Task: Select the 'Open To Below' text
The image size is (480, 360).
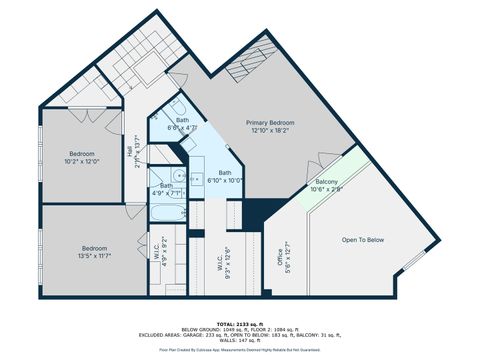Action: (x=362, y=240)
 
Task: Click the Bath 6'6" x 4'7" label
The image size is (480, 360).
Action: (x=182, y=124)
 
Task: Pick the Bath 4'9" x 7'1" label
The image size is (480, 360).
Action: (x=166, y=189)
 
